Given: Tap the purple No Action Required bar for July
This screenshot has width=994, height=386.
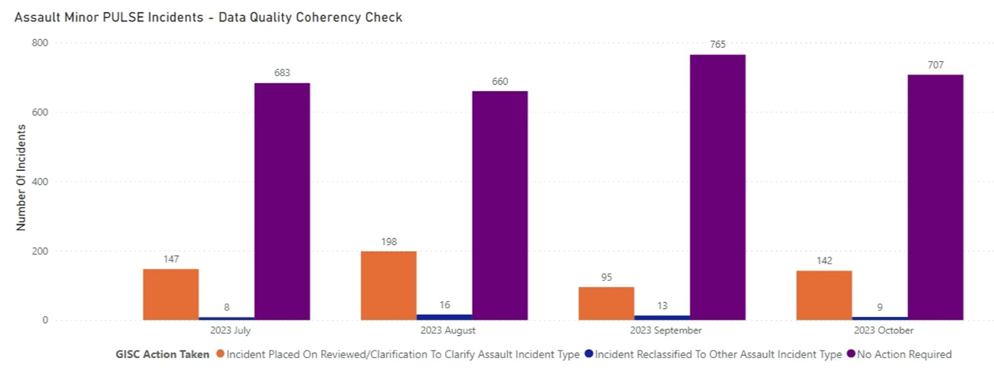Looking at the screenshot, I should pyautogui.click(x=282, y=201).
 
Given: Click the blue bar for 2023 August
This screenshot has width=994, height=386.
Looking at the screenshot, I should pyautogui.click(x=444, y=317).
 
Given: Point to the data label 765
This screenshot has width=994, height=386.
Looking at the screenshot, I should pyautogui.click(x=718, y=44).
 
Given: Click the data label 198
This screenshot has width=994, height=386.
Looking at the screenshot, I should pyautogui.click(x=389, y=241).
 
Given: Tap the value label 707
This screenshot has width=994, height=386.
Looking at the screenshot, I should pyautogui.click(x=935, y=65).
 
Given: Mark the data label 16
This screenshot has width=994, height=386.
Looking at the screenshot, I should pyautogui.click(x=444, y=305).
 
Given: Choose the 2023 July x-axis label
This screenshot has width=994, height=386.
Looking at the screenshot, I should pyautogui.click(x=227, y=331).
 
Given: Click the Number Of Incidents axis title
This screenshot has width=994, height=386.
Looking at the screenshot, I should pyautogui.click(x=22, y=182).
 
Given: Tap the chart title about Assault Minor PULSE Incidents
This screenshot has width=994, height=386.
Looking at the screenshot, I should pyautogui.click(x=208, y=17).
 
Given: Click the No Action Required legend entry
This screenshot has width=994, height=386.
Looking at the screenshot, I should pyautogui.click(x=903, y=354).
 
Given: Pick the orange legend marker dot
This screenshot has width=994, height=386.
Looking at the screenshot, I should pyautogui.click(x=220, y=354).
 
